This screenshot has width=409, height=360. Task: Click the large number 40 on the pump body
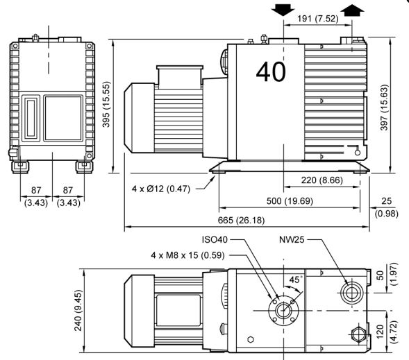pos(271,71)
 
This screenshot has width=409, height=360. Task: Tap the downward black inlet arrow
pos(283,10)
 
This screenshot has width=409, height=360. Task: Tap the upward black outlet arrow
pos(352,10)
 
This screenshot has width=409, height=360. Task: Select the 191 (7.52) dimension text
pos(318,19)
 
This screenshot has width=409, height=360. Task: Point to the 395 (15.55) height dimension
pos(106,104)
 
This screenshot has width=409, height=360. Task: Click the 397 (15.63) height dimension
pos(384,108)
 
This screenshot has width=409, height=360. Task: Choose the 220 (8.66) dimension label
pos(322,180)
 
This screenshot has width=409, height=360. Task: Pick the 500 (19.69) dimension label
pos(290,201)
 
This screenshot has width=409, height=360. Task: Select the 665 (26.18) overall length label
pos(241,221)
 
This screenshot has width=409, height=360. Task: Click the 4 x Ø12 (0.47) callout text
pos(161,189)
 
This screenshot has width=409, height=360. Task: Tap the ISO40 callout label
pos(215,239)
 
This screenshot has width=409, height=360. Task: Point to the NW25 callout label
pos(292,239)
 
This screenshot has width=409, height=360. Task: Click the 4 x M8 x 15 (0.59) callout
pos(187,255)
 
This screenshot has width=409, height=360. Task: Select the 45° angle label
pos(296,280)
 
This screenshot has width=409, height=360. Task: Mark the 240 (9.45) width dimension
pos(78,310)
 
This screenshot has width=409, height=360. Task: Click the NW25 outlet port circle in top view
pos(351,293)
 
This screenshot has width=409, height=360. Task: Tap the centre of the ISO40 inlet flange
pos(283,310)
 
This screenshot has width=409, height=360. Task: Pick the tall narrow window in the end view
pos(31,118)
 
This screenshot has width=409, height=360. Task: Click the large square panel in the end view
pos(63,118)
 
